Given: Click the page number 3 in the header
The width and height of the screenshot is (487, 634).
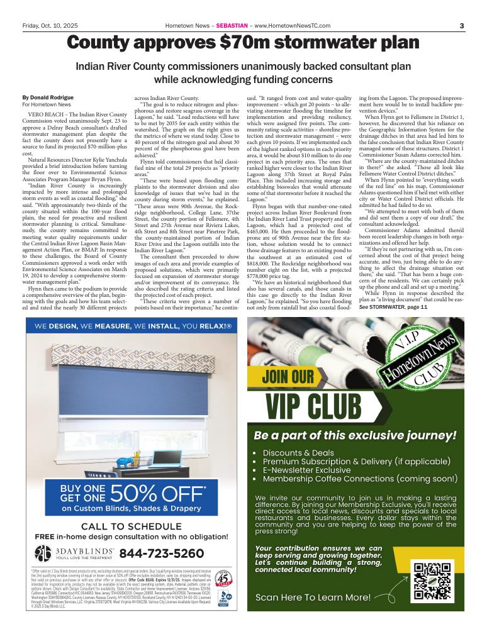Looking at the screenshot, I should pyautogui.click(x=461, y=25).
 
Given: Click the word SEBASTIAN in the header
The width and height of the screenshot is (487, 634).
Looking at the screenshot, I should pyautogui.click(x=232, y=25).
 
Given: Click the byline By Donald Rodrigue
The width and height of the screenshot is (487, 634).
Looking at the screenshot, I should pyautogui.click(x=47, y=97).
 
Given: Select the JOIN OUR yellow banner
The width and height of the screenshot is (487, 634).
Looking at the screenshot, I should pyautogui.click(x=289, y=377).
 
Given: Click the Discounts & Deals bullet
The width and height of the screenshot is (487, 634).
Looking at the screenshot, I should pyautogui.click(x=298, y=453).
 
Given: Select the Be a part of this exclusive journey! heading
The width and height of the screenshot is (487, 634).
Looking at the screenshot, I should pyautogui.click(x=354, y=435).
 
